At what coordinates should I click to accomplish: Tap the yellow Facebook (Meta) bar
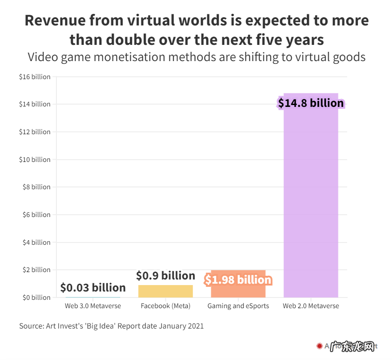165,291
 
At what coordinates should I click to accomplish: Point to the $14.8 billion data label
311,103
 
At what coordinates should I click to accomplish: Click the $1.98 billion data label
238,280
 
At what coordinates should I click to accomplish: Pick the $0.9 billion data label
165,276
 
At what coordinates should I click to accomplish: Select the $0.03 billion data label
93,288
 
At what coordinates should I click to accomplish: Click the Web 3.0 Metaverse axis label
93,306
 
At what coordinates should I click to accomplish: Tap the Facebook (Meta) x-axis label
165,306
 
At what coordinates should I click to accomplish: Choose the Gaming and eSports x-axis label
238,306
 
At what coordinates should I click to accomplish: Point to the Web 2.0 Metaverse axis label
311,306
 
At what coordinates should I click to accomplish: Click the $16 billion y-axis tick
35,77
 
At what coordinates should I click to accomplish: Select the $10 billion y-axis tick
35,160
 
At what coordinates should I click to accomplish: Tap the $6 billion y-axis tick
36,215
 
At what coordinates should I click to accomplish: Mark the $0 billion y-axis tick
36,298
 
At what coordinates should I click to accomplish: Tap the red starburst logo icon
319,346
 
